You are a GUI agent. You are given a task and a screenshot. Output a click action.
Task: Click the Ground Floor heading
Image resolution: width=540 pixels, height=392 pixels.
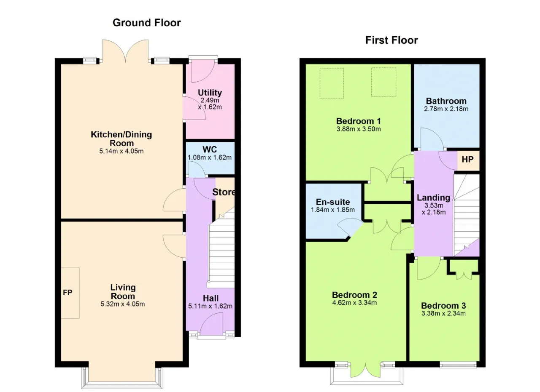click(146, 23)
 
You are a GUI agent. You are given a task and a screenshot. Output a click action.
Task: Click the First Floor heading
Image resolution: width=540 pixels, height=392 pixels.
click(391, 40)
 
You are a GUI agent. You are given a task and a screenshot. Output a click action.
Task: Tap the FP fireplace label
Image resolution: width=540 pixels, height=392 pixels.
click(67, 292)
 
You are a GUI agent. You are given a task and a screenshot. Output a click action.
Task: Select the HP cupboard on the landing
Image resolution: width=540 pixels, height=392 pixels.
click(467, 159)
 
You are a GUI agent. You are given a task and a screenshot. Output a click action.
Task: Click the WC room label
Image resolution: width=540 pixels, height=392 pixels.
click(210, 149)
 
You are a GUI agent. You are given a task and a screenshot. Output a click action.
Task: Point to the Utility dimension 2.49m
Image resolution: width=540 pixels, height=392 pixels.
click(210, 100)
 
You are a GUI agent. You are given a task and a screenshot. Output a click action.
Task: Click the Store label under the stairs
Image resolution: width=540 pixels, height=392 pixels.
click(223, 192)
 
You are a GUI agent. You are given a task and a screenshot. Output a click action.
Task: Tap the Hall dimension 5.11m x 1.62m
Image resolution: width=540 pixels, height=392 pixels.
click(210, 306)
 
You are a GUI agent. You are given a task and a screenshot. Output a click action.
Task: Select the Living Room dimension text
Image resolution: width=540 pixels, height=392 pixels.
click(123, 304)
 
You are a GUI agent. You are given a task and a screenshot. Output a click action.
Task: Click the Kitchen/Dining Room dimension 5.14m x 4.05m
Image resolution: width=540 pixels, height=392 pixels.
click(121, 151)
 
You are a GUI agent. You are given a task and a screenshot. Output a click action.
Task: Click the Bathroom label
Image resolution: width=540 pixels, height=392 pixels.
click(446, 101)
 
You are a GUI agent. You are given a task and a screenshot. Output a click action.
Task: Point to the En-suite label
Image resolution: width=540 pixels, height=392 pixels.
click(333, 202)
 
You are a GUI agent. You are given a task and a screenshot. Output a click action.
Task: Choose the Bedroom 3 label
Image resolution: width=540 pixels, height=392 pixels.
click(443, 306)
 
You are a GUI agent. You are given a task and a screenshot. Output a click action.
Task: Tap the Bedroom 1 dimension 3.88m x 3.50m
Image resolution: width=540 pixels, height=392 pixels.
click(359, 129)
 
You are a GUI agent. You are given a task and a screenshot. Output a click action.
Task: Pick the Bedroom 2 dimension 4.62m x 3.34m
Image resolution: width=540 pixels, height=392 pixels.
click(354, 303)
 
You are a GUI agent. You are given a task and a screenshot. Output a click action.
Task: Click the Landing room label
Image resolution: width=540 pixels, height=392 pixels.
click(433, 198)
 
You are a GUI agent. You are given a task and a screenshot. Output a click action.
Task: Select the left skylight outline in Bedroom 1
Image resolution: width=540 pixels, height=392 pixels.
click(332, 83)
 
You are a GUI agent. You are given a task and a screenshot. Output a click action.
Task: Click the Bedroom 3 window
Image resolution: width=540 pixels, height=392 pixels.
click(458, 365)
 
